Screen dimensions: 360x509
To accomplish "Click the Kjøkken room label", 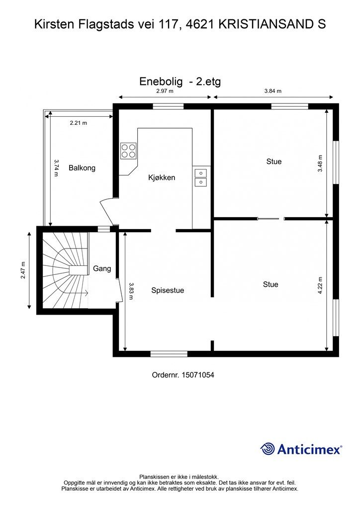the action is click(x=162, y=177).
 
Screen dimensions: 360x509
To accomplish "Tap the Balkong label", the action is click(x=82, y=168).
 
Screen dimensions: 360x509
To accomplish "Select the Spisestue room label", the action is click(x=168, y=290).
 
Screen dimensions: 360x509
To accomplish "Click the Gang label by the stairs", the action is click(x=102, y=268).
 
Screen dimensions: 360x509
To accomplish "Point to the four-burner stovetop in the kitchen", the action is click(x=128, y=151).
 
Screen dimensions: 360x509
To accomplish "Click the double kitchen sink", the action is click(x=200, y=177).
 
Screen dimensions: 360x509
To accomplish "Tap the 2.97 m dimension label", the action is click(x=165, y=91).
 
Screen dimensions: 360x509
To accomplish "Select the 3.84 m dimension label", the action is click(x=272, y=91).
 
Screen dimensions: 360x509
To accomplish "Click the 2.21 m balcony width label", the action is click(x=78, y=123).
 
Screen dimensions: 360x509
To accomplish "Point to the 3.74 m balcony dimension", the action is click(x=56, y=168).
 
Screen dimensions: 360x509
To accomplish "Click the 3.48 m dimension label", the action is click(x=320, y=163).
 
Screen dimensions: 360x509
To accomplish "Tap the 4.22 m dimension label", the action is click(x=320, y=285).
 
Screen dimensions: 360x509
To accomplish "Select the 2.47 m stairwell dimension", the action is click(x=23, y=270).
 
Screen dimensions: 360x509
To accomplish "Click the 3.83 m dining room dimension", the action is click(x=131, y=291).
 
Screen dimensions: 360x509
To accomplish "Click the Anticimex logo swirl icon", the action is click(x=268, y=449).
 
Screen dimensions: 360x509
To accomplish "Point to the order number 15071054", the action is click(x=198, y=375).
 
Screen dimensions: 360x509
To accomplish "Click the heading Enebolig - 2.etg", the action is click(x=180, y=82).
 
